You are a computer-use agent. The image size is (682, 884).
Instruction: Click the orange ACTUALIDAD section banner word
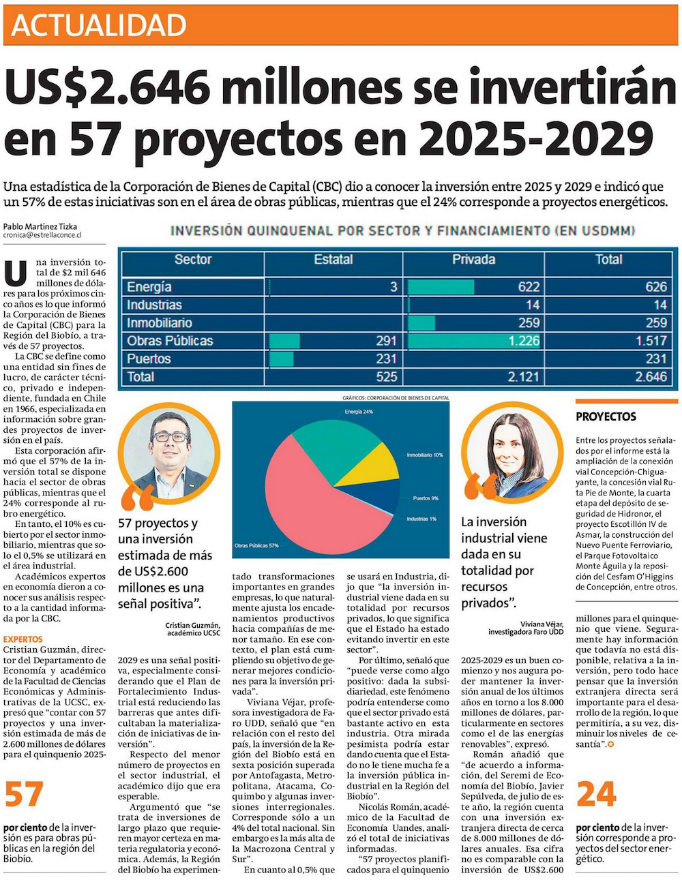[x=99, y=25]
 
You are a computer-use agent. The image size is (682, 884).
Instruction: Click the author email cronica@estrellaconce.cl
[x=42, y=235]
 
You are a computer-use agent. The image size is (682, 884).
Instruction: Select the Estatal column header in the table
[x=333, y=260]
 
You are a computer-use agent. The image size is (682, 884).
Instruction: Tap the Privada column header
[x=473, y=260]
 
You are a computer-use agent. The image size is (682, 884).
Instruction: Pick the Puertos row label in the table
[x=149, y=359]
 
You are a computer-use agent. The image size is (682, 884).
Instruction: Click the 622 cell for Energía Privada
[x=529, y=287]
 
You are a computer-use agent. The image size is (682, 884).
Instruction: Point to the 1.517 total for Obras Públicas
[x=651, y=341]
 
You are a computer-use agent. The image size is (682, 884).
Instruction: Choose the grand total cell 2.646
[x=651, y=376]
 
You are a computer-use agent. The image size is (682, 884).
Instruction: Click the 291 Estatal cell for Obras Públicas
[x=386, y=341]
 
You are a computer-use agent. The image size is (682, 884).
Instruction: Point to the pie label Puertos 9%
[x=426, y=498]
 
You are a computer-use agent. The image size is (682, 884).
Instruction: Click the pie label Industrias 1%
[x=421, y=519]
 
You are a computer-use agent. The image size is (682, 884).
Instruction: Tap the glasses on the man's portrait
[x=170, y=437]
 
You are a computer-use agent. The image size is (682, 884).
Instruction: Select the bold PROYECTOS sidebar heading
[x=606, y=416]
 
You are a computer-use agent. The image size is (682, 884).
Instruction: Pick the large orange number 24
[x=597, y=795]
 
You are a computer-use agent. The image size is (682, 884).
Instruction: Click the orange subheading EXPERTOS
[x=23, y=639]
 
